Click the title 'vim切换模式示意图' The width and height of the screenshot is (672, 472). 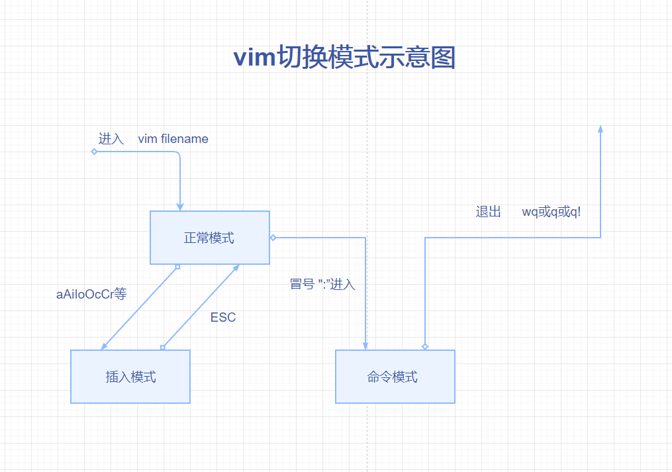coord(344,58)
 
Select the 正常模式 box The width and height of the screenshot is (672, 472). coord(209,238)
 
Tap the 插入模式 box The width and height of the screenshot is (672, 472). coord(130,377)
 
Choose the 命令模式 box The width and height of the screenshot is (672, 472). coord(395,377)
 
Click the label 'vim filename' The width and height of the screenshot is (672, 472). coord(173,139)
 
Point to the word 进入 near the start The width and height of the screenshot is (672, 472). coord(111,139)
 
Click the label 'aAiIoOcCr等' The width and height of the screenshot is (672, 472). coord(91,294)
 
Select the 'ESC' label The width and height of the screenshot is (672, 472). coord(223,318)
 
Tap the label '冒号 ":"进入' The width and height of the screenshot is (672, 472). coord(323,285)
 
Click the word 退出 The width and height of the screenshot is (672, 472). coord(489,212)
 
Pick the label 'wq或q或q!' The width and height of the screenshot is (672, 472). coord(552,212)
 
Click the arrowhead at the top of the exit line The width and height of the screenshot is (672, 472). coord(600,128)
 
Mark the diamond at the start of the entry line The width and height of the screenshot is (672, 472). coord(94,152)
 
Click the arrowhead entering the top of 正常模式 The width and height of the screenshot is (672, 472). coord(180,207)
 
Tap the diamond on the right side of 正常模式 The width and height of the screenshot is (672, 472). coord(272,238)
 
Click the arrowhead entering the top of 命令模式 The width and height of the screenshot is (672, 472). coord(365,346)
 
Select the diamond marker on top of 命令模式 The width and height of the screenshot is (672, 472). coord(425,346)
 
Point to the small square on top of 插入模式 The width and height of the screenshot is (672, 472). coord(163,347)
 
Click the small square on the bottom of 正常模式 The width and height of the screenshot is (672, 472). coord(177,267)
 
